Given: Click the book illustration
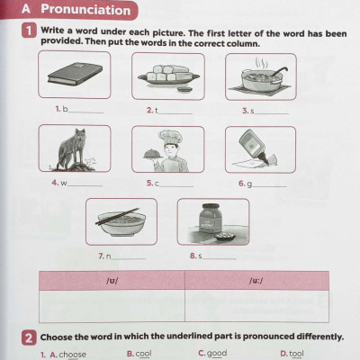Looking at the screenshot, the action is [75, 74].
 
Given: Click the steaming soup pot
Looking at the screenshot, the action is [260, 78].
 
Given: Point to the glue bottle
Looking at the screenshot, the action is [253, 146].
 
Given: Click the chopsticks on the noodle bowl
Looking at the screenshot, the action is [118, 216].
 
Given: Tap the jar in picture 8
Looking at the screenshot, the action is [211, 219].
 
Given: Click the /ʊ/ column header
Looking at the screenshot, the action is [112, 281].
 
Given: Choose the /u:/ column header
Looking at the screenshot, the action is [256, 281].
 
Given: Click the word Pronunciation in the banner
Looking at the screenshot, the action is [85, 9].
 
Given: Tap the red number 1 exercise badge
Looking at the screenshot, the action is [29, 31].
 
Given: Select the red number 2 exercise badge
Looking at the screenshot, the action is [29, 337].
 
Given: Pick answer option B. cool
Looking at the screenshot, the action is [139, 354].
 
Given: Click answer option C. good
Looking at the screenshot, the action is [212, 354].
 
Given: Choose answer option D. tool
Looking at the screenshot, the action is [292, 354].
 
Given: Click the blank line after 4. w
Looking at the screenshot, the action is [85, 185].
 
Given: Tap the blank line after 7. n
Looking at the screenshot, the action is [129, 258].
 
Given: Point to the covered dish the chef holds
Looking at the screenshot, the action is [153, 154].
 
